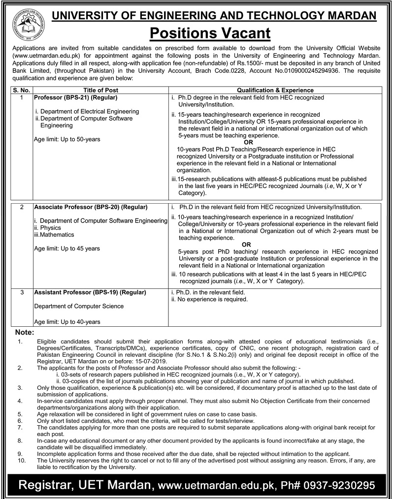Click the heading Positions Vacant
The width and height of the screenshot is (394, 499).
[x=210, y=33]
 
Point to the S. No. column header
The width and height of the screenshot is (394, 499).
[x=21, y=90]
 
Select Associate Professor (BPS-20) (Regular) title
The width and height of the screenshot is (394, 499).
[x=91, y=207]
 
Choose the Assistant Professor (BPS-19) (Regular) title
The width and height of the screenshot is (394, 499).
[x=90, y=292]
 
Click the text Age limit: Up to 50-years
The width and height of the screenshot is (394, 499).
[x=67, y=139]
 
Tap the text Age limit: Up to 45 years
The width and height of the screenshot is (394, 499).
[x=67, y=249]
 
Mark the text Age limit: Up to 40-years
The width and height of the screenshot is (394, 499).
[x=67, y=322]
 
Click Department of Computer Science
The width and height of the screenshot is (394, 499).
[x=79, y=306]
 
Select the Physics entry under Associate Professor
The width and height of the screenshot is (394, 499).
[x=50, y=228]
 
